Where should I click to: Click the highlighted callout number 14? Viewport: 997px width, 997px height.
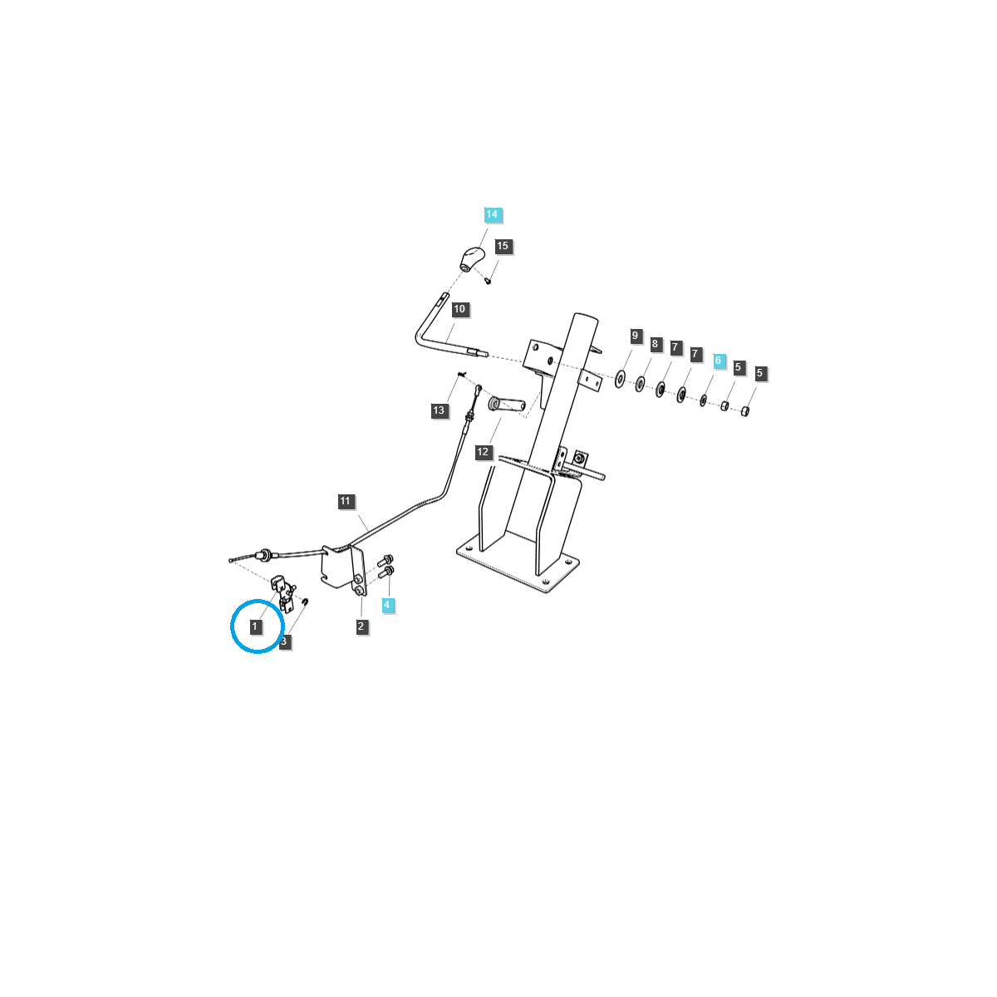tap(492, 214)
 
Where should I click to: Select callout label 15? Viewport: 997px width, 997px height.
tap(503, 246)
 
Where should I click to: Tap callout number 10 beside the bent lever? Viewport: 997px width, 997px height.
tap(459, 309)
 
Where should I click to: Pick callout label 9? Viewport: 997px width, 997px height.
tap(636, 336)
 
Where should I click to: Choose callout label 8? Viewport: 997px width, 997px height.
tap(655, 344)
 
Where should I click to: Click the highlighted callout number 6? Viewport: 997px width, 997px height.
tap(718, 361)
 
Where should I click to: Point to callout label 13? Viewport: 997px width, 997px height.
tap(439, 410)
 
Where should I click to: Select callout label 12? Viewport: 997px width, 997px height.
tap(483, 452)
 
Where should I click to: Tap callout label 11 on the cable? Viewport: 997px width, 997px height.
tap(346, 501)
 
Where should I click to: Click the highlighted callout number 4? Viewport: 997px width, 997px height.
tap(387, 605)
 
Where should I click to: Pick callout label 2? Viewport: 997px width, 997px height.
tap(361, 626)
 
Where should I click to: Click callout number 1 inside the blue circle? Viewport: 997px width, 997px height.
tap(254, 626)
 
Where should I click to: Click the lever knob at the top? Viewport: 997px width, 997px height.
tap(472, 258)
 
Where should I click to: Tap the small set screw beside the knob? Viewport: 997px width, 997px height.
tap(488, 282)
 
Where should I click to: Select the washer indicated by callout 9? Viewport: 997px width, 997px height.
tap(619, 380)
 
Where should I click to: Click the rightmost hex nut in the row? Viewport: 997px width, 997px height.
tap(745, 411)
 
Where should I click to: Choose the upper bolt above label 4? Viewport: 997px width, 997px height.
tap(386, 559)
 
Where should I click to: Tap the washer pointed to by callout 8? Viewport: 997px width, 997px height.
tap(640, 384)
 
